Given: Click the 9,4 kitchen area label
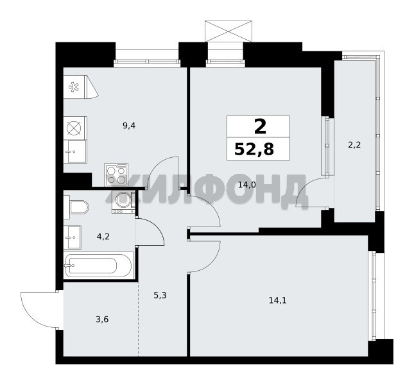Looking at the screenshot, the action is tap(129, 126).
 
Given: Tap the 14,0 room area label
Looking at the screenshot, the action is tap(247, 184).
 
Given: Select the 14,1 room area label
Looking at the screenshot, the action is tap(278, 300).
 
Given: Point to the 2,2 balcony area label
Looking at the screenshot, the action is tap(354, 144).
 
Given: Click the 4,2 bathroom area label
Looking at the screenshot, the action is tap(103, 236).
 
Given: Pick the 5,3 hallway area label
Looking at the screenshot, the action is tap(160, 295).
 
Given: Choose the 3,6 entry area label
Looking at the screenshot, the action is tap(102, 320).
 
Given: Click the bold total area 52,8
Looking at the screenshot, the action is tap(254, 149).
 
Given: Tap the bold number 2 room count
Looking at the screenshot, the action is tap(260, 126).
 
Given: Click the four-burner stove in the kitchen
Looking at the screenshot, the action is tap(116, 175).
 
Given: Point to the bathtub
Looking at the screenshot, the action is tap(98, 265).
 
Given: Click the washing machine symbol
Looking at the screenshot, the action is tap(124, 202).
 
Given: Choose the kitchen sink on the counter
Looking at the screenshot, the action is tap(75, 151).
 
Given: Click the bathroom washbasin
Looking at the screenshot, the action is tap(73, 237).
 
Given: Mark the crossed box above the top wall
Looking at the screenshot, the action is tap(229, 31).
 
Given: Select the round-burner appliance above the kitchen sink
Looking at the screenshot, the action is tap(75, 128).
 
